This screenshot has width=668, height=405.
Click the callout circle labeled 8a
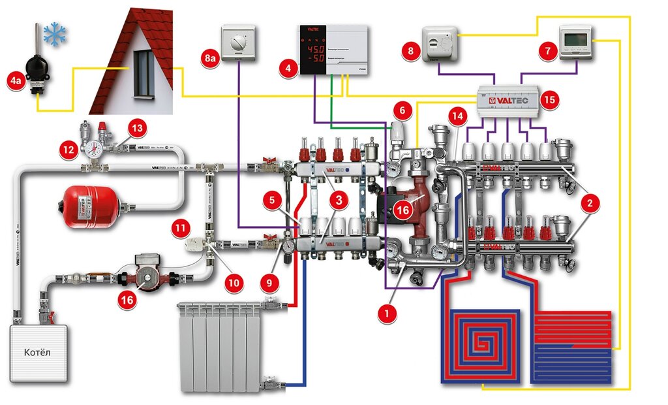tap(209, 59)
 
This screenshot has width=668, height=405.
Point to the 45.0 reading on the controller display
tap(315, 50)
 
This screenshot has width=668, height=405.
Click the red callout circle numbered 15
tap(549, 100)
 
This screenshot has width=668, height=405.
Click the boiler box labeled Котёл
tap(38, 353)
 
